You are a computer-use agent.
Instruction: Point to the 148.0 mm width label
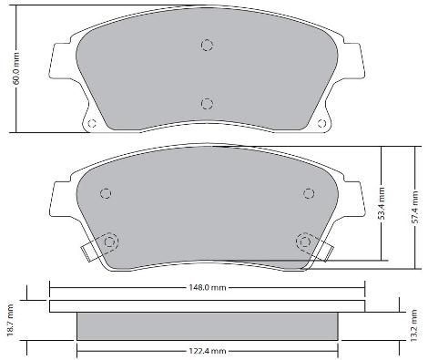coord(207,287)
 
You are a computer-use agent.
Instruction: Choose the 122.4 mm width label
coord(207,350)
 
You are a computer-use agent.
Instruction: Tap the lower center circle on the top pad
coord(207,103)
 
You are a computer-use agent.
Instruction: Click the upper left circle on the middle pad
coord(106,193)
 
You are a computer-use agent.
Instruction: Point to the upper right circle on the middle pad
coord(306,193)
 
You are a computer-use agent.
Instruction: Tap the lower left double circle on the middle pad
coord(112,242)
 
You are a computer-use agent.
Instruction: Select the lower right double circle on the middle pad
coord(301,242)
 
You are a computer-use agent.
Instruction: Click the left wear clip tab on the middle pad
coord(89,247)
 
